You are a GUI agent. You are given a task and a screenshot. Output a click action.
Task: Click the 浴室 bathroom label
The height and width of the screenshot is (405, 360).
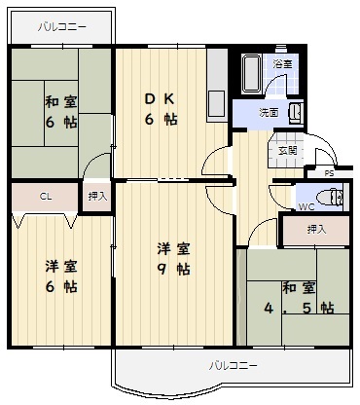[x=282, y=64]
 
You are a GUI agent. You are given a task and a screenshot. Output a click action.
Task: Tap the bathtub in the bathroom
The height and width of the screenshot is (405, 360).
[x=252, y=74]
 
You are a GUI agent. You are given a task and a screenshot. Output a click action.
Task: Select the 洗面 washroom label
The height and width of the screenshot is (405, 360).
[x=269, y=113]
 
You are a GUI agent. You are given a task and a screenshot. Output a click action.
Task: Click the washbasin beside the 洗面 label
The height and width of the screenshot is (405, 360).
[x=296, y=113]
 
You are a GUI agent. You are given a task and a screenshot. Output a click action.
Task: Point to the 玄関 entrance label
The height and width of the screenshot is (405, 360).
[x=288, y=151]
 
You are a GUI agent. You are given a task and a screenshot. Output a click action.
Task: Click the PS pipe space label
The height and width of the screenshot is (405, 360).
[x=329, y=173]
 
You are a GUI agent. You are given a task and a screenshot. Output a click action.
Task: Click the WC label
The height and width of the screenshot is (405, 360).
[x=306, y=206]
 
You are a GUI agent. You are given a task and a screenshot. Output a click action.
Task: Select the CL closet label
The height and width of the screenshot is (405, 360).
[x=46, y=197]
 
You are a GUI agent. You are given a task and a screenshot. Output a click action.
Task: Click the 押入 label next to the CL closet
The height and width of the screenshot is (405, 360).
[x=97, y=197]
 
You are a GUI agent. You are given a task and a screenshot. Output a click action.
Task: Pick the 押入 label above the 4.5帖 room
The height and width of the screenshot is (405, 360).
[x=316, y=230]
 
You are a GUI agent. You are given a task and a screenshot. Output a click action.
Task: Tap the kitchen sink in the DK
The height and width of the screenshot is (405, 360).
[x=217, y=106]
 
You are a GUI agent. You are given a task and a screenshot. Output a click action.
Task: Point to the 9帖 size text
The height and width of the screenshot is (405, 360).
[x=174, y=269]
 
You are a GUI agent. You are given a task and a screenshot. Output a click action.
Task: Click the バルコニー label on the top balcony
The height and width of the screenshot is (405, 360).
[x=62, y=26]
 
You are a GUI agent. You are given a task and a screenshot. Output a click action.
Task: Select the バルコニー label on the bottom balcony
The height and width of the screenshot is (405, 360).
[x=233, y=366]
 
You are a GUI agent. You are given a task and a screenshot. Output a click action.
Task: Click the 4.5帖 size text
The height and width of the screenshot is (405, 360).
[x=299, y=308]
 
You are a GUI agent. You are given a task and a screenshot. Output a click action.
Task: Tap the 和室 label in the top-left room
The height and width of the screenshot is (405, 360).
[x=61, y=102]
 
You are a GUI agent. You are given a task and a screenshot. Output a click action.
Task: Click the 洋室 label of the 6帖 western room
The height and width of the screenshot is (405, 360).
[x=61, y=267]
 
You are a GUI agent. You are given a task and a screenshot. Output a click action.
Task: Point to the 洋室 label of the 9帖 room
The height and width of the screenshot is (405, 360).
[x=173, y=249]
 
